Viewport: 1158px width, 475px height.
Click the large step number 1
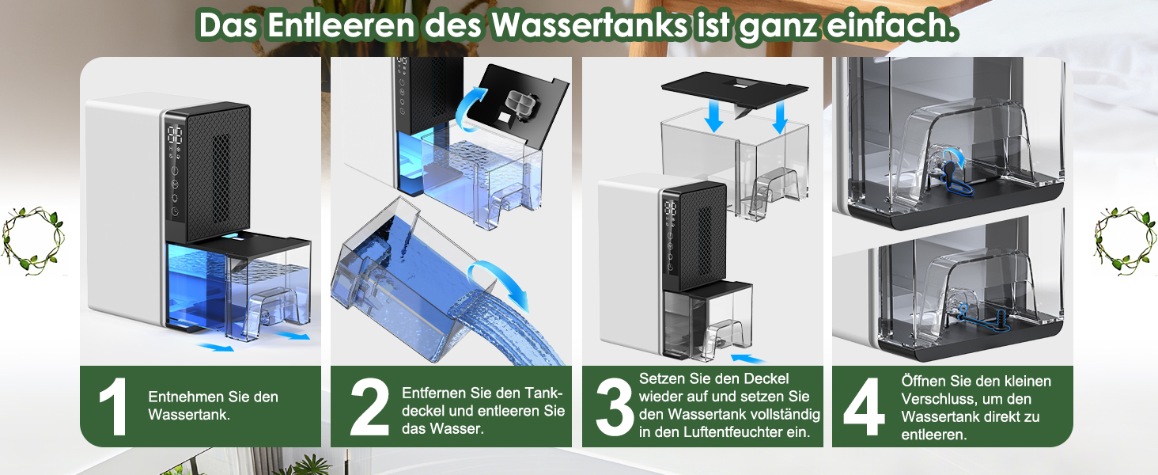click(112, 407)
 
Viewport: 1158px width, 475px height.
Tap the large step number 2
click(369, 407)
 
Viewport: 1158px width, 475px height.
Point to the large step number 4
click(864, 407)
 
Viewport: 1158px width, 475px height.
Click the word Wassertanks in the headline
click(588, 25)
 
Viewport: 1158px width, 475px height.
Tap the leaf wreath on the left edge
click(33, 241)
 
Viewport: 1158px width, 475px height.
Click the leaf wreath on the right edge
click(1125, 241)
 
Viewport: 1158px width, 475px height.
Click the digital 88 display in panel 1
click(175, 135)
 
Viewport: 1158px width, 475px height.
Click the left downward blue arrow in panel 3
click(714, 116)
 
